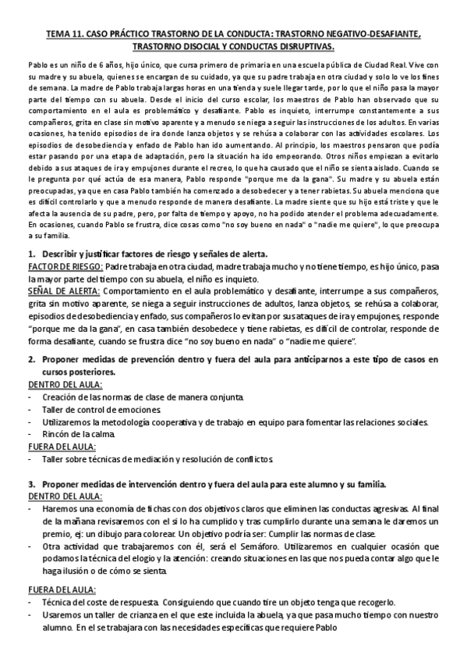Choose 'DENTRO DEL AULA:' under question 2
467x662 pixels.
65,383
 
